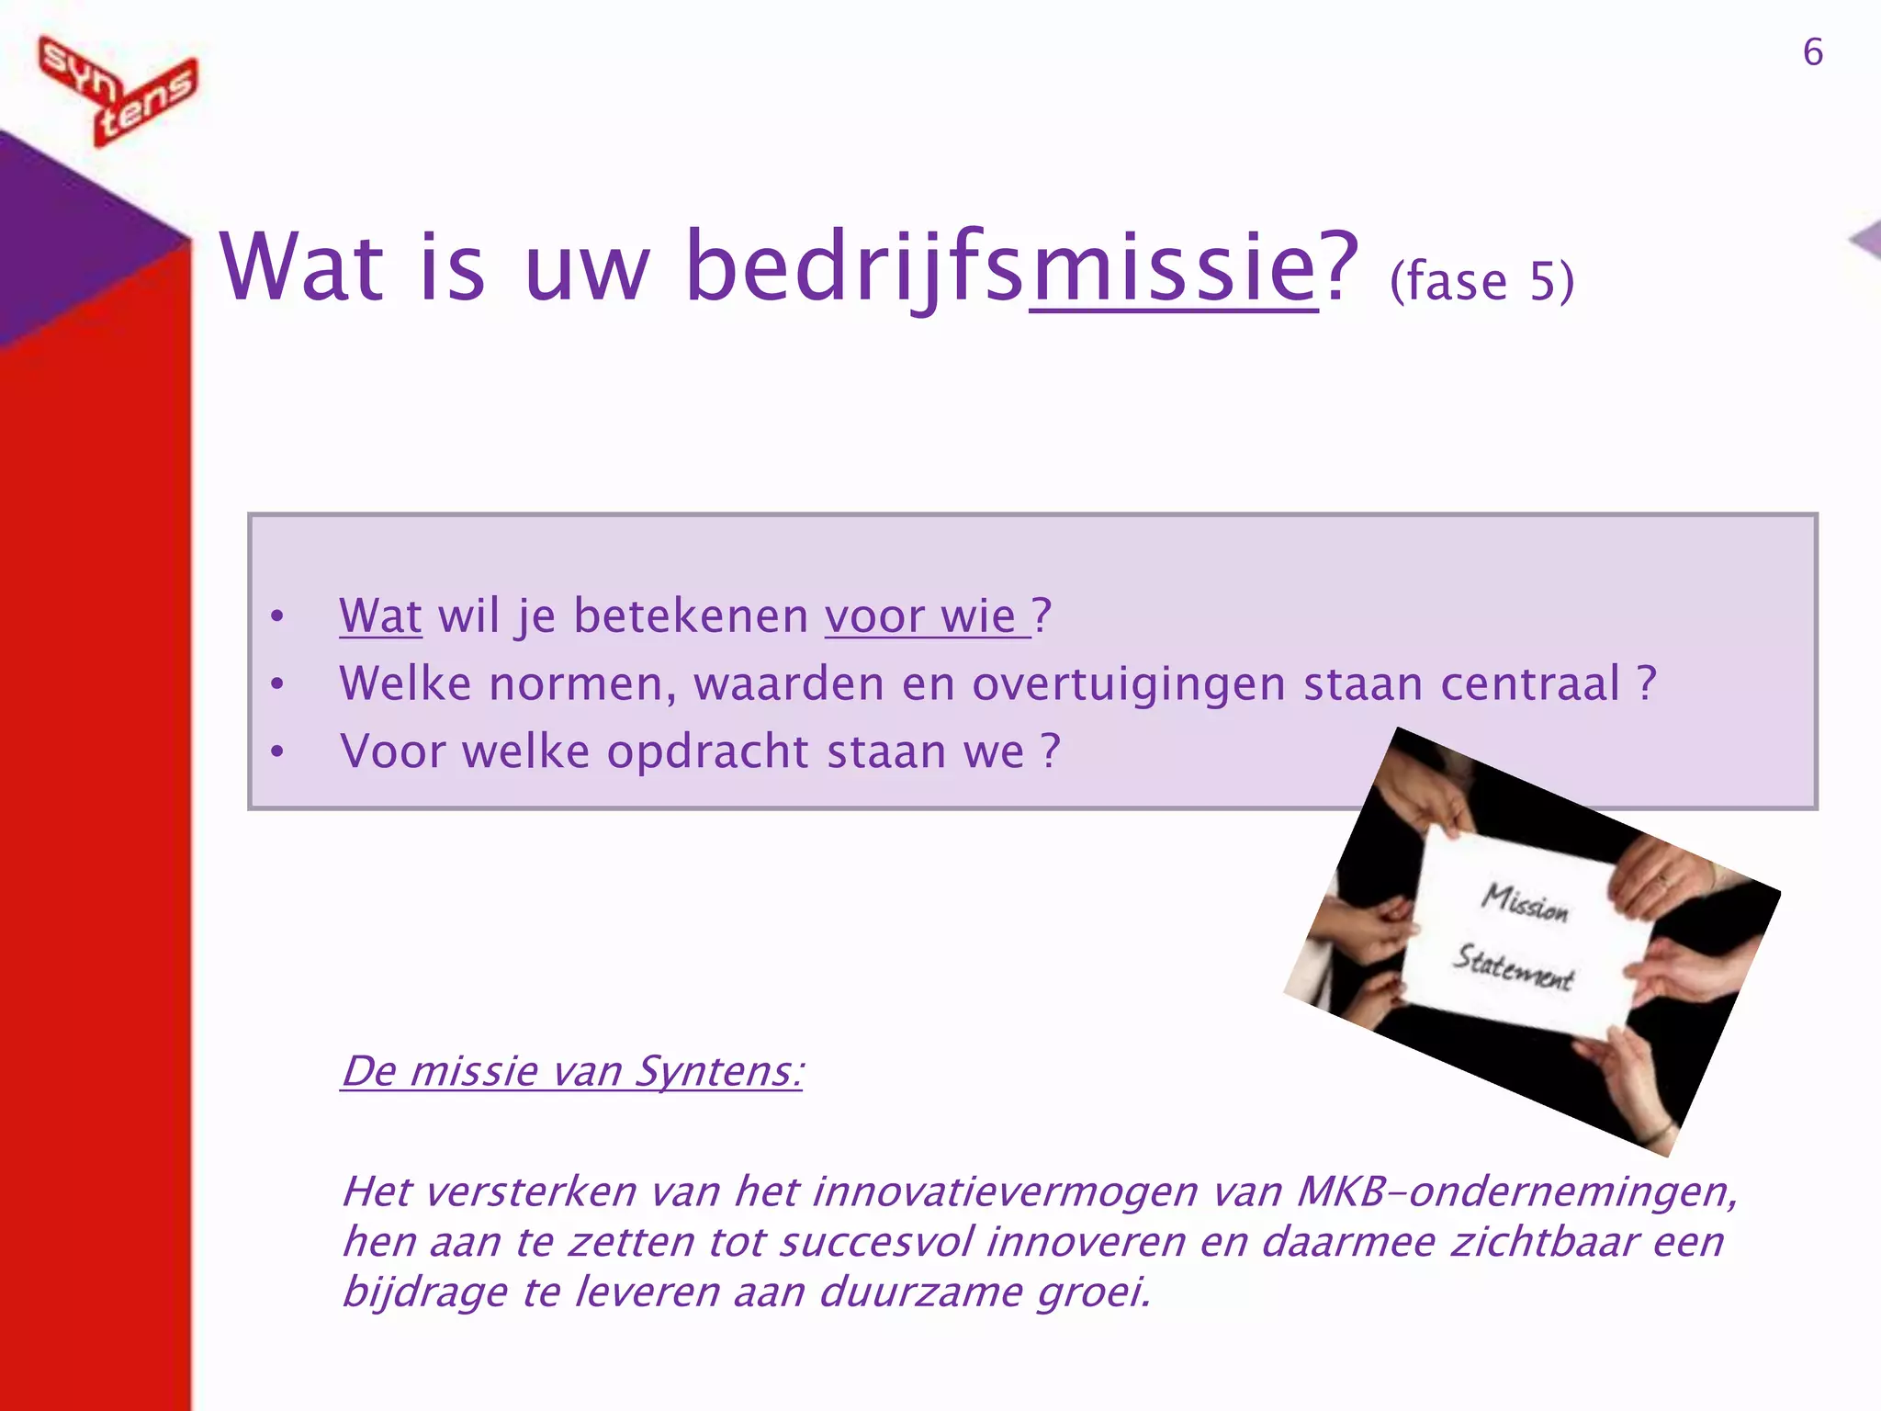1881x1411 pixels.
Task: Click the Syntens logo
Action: pyautogui.click(x=118, y=90)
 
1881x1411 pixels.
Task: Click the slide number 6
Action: pyautogui.click(x=1812, y=52)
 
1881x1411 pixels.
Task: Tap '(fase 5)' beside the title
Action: pyautogui.click(x=1481, y=281)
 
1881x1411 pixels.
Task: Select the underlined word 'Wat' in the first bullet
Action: pyautogui.click(x=380, y=615)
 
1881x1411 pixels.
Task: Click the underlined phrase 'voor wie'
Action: pyautogui.click(x=926, y=615)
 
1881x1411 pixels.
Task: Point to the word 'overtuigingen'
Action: pyautogui.click(x=1128, y=684)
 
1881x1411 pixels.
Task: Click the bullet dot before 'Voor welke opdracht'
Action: pyautogui.click(x=277, y=752)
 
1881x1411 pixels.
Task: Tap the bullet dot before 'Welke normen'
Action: pyautogui.click(x=277, y=684)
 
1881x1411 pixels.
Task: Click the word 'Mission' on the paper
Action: pyautogui.click(x=1526, y=902)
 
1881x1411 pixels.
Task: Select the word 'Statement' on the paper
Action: pyautogui.click(x=1513, y=968)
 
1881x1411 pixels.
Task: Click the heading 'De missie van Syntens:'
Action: pyautogui.click(x=571, y=1071)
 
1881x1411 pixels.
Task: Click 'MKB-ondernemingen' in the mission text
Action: pyautogui.click(x=1515, y=1192)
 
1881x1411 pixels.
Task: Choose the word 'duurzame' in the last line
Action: pyautogui.click(x=920, y=1292)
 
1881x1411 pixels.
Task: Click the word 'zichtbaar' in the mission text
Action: pyautogui.click(x=1544, y=1242)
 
